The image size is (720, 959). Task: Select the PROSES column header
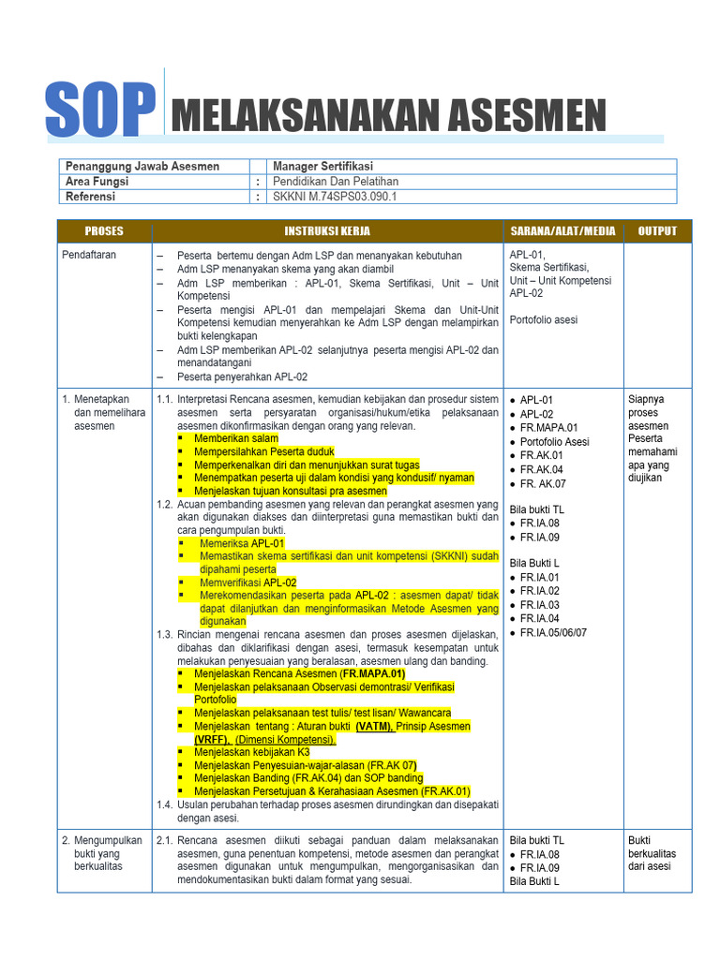[104, 231]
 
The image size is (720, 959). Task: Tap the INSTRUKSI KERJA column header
[327, 231]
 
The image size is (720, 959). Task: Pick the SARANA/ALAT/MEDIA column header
[562, 231]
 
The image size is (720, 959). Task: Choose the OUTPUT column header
[657, 231]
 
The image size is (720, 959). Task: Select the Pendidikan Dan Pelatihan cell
[335, 182]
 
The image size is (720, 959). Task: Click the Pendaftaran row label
[90, 256]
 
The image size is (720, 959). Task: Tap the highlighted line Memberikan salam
[236, 438]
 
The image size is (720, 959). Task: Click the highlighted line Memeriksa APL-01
[241, 543]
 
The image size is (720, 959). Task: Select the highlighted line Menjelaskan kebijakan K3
[251, 752]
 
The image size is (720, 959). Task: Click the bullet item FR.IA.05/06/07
[554, 633]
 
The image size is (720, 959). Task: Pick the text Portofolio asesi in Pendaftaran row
[544, 320]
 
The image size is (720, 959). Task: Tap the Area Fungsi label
[97, 182]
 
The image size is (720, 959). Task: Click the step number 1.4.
[165, 804]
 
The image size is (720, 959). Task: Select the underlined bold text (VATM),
[374, 727]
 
